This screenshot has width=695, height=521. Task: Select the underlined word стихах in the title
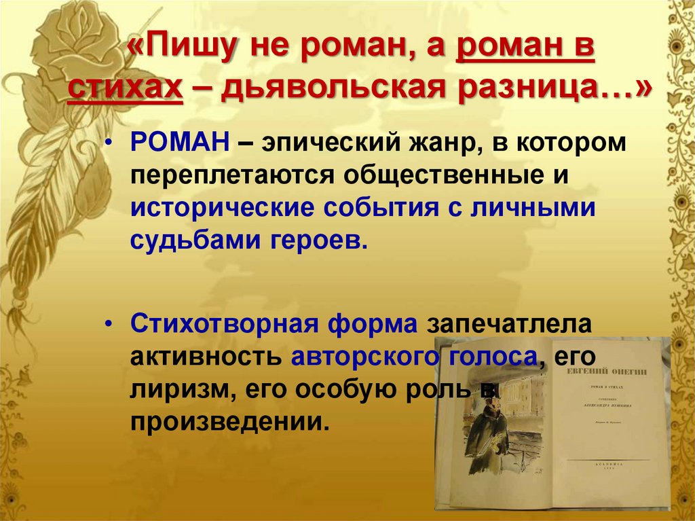[x=126, y=88]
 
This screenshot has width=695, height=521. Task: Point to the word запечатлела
[x=509, y=323]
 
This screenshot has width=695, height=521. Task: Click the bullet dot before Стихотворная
[x=111, y=324]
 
